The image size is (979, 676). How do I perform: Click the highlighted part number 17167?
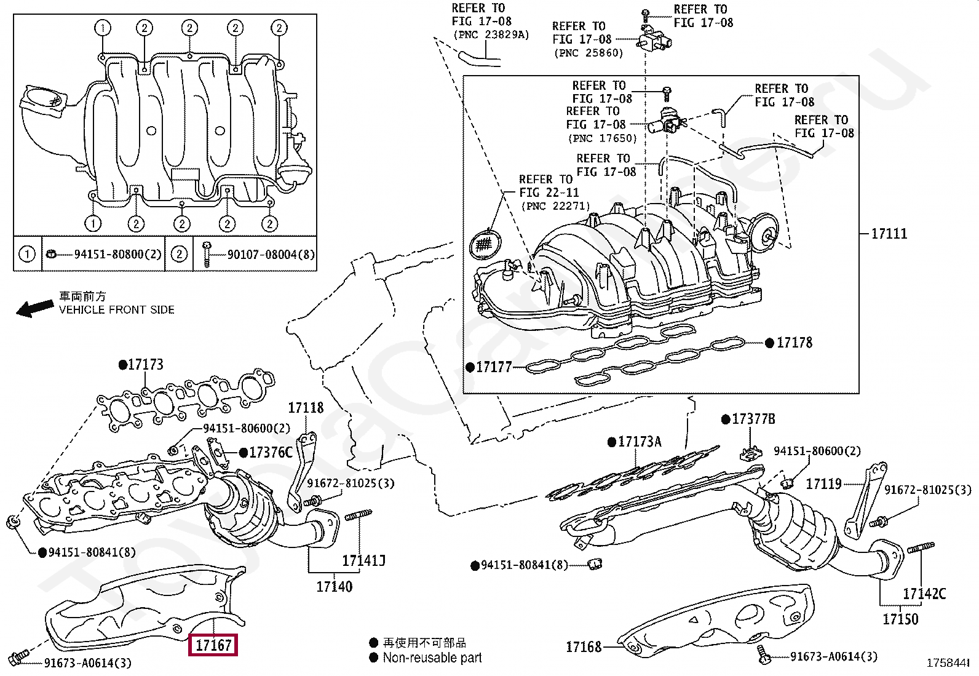(x=213, y=645)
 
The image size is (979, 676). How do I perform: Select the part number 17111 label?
(x=889, y=234)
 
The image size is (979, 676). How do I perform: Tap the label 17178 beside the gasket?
(x=794, y=343)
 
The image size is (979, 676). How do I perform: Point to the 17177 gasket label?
(x=494, y=367)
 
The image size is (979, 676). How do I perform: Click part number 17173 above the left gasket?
(x=146, y=365)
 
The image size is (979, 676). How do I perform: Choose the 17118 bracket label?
(x=306, y=408)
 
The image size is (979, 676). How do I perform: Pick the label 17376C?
(x=271, y=453)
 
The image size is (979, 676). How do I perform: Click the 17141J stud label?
(x=363, y=560)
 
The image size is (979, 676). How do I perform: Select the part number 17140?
(x=335, y=587)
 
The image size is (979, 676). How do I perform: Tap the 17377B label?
(x=753, y=420)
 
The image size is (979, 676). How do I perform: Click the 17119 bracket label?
(x=823, y=484)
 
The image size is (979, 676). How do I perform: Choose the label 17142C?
(x=924, y=594)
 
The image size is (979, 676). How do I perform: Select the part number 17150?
(x=900, y=619)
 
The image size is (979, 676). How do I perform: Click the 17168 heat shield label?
(x=584, y=646)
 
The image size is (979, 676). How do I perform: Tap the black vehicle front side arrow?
(x=35, y=308)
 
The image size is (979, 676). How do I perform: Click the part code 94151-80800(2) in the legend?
(x=118, y=254)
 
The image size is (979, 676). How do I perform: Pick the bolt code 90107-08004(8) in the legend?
(x=271, y=255)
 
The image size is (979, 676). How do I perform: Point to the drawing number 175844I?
(x=948, y=663)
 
